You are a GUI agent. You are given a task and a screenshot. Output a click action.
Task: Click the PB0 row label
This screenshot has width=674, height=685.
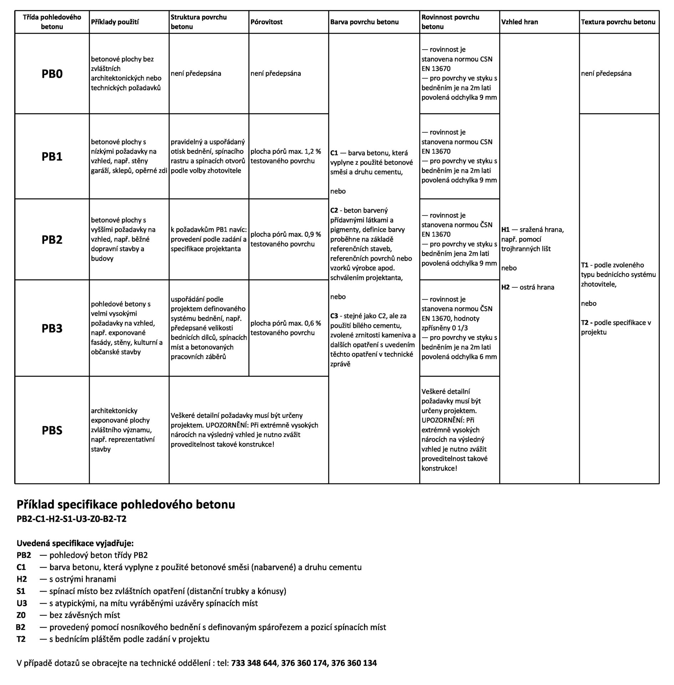click(x=52, y=74)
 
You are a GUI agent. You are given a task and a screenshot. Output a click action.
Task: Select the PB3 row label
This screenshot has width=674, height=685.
click(x=52, y=328)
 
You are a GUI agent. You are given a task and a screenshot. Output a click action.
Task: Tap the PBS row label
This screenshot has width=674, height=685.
click(x=52, y=430)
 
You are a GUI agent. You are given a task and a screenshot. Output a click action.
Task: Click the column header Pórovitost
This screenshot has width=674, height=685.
click(x=266, y=22)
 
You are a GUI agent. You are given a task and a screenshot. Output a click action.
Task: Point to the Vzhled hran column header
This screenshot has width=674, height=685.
click(x=520, y=22)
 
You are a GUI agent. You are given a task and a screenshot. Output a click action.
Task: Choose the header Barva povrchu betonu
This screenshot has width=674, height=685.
click(x=364, y=22)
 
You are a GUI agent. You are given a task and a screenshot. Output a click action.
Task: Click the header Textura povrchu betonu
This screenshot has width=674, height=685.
click(x=618, y=22)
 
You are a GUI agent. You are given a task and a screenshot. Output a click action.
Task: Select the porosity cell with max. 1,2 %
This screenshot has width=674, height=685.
click(x=285, y=156)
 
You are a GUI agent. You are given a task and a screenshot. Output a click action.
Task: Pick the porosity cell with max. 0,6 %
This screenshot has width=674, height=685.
click(x=285, y=328)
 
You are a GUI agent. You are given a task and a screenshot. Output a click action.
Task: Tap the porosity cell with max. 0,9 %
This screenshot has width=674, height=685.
click(x=285, y=239)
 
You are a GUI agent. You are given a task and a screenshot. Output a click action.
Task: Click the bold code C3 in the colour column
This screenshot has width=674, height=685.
click(x=334, y=316)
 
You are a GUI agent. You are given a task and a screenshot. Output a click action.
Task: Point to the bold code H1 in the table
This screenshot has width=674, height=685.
click(x=505, y=229)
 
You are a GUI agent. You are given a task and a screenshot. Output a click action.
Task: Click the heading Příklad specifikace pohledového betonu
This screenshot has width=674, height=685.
click(x=126, y=504)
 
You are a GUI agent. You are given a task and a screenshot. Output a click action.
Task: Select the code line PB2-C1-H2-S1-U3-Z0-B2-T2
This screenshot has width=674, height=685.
click(x=71, y=518)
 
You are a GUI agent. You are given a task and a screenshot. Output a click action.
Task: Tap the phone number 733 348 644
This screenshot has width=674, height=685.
click(x=254, y=663)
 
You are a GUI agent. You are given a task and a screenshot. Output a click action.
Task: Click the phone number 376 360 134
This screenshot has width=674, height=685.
click(x=354, y=663)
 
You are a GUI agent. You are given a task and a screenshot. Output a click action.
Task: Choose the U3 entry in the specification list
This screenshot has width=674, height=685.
click(x=22, y=603)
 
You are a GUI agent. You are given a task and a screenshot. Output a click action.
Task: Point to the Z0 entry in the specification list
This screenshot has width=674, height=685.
click(x=21, y=615)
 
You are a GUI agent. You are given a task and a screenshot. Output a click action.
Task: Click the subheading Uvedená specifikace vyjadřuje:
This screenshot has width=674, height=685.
click(x=75, y=543)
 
